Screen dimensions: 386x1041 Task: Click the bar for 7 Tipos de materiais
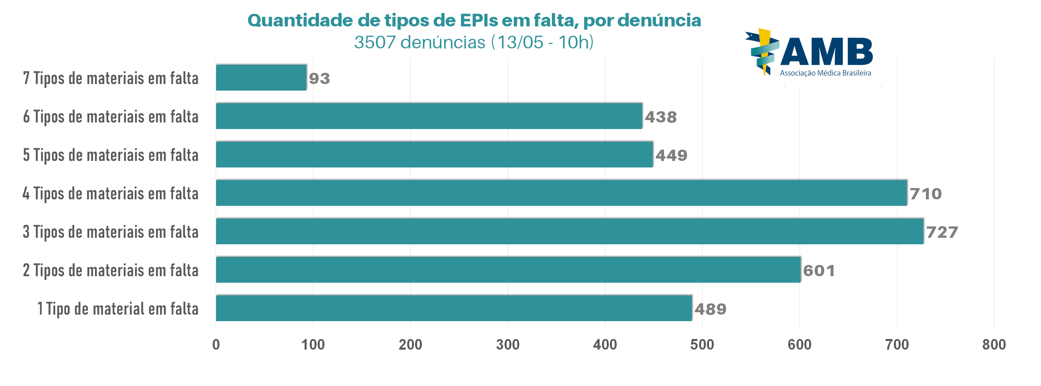pos(261,78)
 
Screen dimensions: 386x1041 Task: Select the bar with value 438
pos(429,116)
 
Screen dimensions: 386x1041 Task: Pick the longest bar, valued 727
pos(569,231)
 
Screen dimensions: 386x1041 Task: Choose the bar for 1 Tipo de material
pos(454,308)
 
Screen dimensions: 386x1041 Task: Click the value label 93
pos(319,79)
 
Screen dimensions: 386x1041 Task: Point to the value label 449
pos(671,155)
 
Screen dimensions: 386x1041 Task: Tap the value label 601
pos(819,271)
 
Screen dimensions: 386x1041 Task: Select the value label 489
pos(710,309)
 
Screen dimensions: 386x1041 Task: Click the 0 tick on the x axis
pos(216,345)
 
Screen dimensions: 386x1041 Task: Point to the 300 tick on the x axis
pos(508,345)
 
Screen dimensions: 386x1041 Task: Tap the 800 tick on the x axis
pos(994,345)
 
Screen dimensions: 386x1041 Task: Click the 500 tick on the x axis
pos(702,345)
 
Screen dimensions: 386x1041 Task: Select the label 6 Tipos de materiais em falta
pos(111,116)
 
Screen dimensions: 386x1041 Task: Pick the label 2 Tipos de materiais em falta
pos(111,270)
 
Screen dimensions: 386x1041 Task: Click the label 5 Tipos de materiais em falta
pos(111,155)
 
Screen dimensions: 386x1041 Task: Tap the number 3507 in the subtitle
pos(375,43)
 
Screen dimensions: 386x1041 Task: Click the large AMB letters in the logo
pos(826,51)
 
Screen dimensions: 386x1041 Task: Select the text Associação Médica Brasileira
pos(825,73)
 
